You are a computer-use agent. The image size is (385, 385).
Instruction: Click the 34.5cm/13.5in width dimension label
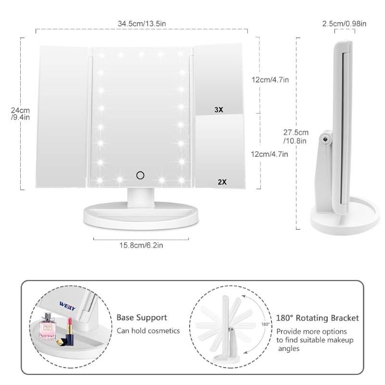click(x=142, y=24)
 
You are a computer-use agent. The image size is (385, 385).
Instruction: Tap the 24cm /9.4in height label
click(x=20, y=114)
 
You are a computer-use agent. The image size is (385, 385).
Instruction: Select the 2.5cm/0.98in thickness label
click(x=344, y=24)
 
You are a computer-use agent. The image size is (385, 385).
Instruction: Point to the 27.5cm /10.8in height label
click(x=295, y=137)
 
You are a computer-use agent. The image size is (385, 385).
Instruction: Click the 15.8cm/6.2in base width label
click(x=141, y=245)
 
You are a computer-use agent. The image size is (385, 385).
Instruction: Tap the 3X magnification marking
click(x=219, y=110)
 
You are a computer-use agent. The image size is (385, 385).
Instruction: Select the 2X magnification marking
click(x=222, y=182)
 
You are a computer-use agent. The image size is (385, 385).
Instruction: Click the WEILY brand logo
click(x=67, y=306)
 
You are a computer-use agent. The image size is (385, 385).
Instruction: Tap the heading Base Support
click(x=141, y=318)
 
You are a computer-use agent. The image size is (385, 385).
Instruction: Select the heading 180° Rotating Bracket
click(x=318, y=318)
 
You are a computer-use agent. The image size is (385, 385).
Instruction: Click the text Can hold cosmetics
click(x=148, y=331)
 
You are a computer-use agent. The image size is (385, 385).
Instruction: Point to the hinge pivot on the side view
click(x=326, y=139)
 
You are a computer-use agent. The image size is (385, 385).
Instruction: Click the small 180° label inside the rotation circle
click(x=265, y=324)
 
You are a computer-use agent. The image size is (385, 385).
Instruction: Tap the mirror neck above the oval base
click(x=141, y=197)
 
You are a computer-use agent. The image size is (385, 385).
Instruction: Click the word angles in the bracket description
click(x=289, y=348)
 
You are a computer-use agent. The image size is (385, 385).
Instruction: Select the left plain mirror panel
click(x=62, y=116)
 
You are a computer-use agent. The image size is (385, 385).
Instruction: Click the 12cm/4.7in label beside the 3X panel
click(x=270, y=80)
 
